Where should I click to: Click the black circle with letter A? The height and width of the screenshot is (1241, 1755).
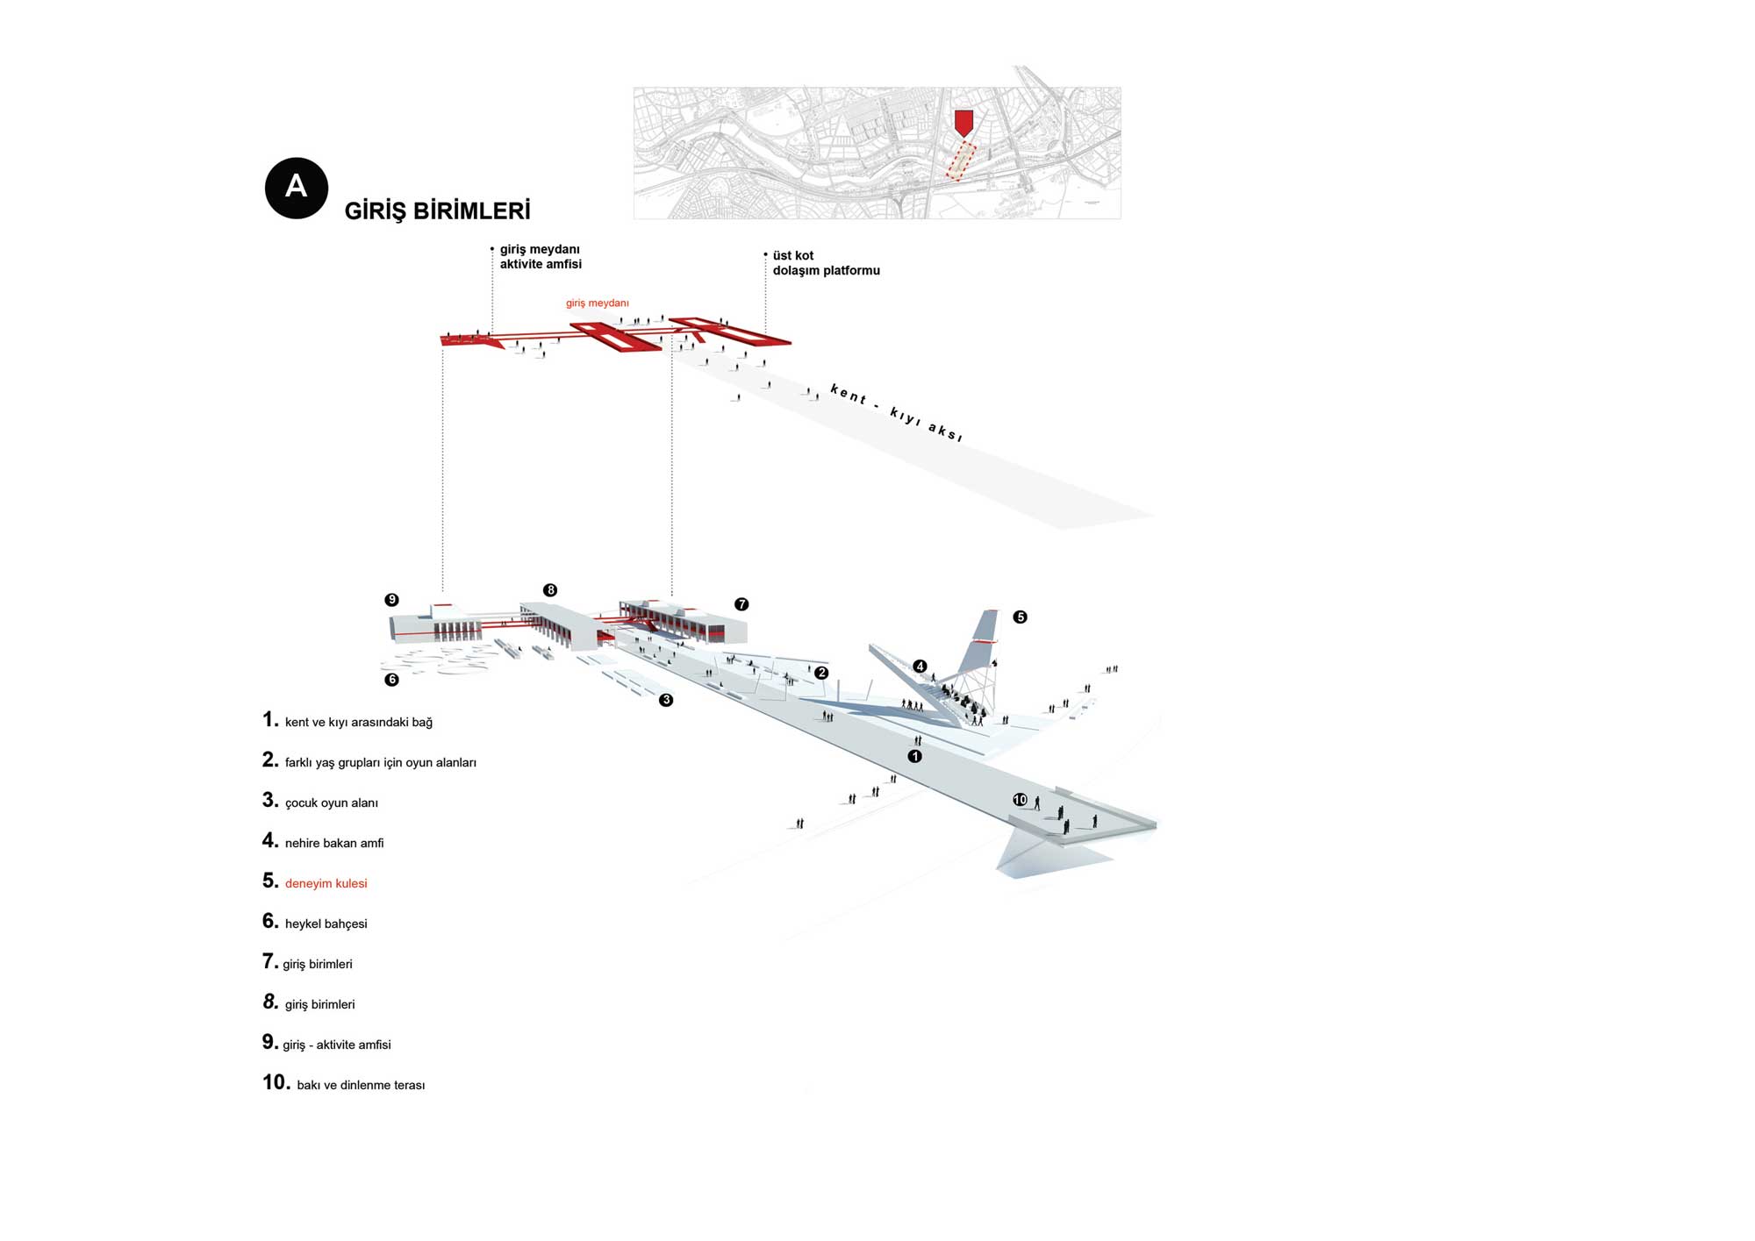point(297,188)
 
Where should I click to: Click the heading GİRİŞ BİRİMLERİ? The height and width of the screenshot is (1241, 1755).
point(437,211)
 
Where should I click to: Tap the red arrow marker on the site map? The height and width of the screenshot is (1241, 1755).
point(963,123)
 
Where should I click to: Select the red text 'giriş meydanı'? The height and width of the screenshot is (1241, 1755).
point(597,303)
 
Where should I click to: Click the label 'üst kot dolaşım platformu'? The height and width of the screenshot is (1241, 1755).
point(826,263)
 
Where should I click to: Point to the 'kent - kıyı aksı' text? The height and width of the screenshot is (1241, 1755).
point(896,412)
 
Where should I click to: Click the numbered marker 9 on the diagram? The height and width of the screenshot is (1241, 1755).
point(391,600)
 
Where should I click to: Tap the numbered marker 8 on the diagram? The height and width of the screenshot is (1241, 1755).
point(550,590)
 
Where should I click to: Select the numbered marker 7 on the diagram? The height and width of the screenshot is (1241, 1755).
point(741,604)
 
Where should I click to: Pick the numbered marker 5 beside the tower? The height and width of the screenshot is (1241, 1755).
point(1020,617)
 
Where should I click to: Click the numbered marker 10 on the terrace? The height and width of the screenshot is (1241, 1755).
point(1020,800)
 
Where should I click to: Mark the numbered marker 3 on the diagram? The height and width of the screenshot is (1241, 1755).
point(666,700)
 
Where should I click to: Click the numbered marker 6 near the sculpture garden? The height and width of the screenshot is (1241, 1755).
point(391,680)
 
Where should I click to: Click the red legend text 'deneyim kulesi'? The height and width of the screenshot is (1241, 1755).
point(326,883)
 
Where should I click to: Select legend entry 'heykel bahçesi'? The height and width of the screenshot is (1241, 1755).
point(326,924)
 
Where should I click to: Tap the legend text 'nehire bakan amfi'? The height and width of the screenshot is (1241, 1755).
point(334,843)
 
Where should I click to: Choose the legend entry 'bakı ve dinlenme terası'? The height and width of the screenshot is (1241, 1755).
point(361,1085)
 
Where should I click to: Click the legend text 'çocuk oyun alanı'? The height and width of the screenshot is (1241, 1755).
point(331,802)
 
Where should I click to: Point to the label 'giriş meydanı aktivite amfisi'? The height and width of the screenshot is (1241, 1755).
point(541,257)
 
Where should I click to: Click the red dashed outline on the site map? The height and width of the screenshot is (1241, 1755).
point(961,162)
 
